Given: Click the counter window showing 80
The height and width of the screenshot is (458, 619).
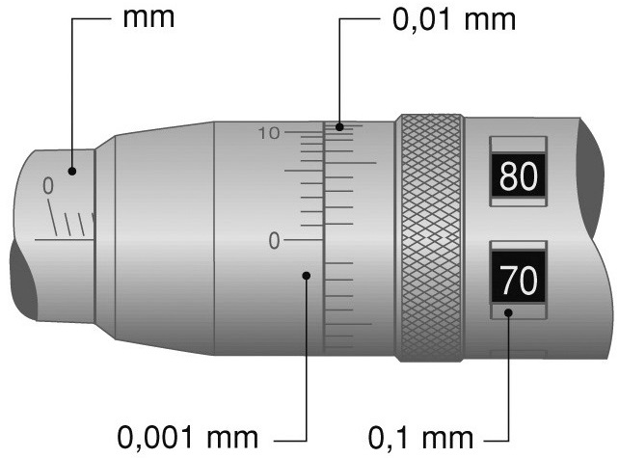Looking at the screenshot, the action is click(x=518, y=175).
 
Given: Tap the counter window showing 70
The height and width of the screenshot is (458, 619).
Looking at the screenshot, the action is click(x=518, y=280).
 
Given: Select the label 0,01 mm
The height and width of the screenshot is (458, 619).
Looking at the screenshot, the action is click(x=454, y=19).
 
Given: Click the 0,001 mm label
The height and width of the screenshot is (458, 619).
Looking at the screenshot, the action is click(x=187, y=438).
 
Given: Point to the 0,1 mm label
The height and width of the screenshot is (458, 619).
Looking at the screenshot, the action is click(x=420, y=438).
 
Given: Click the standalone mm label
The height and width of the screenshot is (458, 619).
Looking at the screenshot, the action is click(x=148, y=18).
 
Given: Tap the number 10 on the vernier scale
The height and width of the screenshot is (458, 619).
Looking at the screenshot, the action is click(x=269, y=133).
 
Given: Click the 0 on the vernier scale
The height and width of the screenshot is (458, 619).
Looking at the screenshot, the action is click(x=274, y=240).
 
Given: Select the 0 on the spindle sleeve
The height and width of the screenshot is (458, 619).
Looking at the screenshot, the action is click(x=48, y=185).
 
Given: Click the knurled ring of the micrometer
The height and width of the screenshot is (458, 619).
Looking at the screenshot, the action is click(x=430, y=238).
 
